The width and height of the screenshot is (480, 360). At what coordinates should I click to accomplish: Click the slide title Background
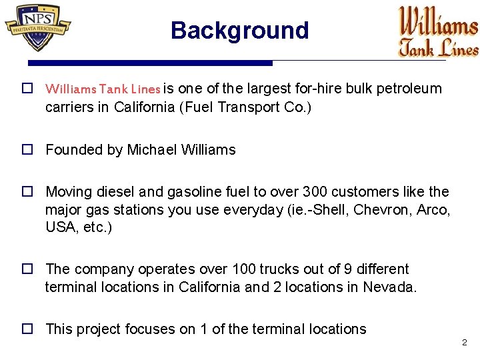[x=239, y=31]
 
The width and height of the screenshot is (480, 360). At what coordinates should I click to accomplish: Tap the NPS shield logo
[x=38, y=27]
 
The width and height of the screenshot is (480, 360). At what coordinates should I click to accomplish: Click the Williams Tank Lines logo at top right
[x=438, y=31]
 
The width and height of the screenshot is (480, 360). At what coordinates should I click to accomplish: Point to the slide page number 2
[x=464, y=343]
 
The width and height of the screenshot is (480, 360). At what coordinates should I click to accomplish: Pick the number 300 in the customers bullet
[x=315, y=192]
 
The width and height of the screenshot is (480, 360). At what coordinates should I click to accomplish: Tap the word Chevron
[x=383, y=210]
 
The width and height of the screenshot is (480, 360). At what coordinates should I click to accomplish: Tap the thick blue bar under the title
[x=150, y=63]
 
